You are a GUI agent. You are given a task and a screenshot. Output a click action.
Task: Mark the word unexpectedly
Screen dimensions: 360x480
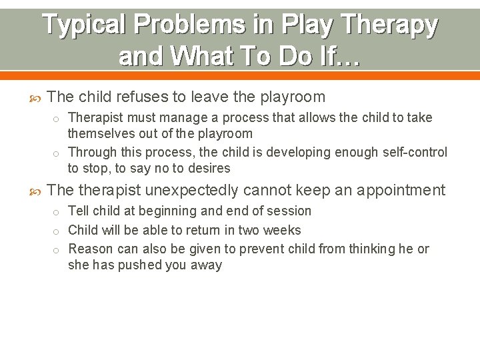coord(191,191)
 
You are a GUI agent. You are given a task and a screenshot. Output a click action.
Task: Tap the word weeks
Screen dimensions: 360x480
coord(283,231)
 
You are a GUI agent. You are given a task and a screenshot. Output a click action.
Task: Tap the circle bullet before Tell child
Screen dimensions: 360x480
coord(58,212)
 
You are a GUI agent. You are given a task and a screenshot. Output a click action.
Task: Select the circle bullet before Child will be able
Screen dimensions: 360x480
coord(58,231)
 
